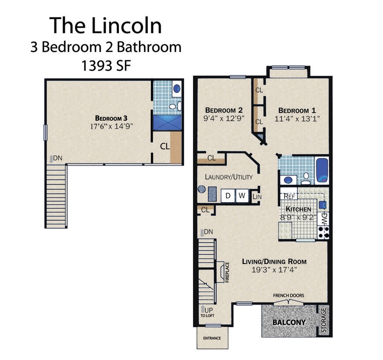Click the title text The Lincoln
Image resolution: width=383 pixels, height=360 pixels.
(x=106, y=25)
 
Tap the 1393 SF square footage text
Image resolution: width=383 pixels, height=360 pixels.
(x=106, y=66)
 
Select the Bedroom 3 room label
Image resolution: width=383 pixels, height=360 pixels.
(x=111, y=118)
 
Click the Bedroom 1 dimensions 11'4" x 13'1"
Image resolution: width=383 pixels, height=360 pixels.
(x=297, y=119)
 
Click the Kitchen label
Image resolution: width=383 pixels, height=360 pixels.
(x=298, y=209)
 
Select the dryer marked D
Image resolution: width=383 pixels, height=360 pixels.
(x=228, y=196)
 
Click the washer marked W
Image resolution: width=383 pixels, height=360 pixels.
(x=242, y=196)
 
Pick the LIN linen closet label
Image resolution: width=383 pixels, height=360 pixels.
(x=256, y=197)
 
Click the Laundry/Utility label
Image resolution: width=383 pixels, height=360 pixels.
(x=228, y=177)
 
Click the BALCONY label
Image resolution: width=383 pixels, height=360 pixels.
(x=289, y=322)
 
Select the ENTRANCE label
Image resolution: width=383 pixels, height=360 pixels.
(x=212, y=338)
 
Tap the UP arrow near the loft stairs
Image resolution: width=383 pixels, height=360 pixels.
(x=202, y=308)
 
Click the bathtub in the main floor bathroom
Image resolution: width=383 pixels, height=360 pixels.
(x=323, y=170)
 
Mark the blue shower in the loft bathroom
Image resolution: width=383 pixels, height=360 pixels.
(x=167, y=122)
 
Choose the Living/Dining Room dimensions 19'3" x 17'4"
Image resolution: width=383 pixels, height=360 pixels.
(x=274, y=270)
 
